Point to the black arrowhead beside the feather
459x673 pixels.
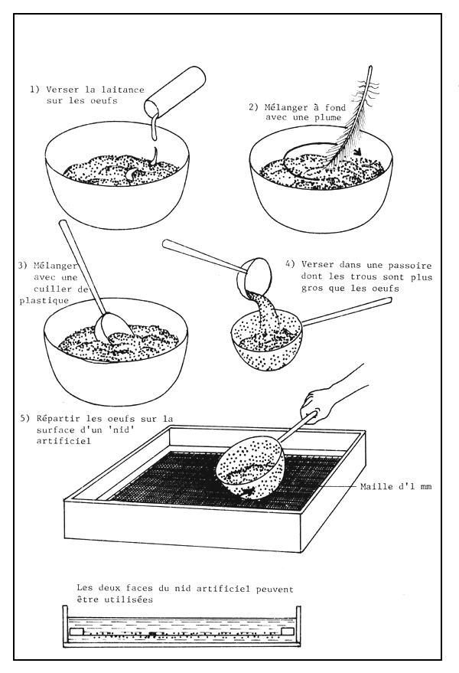354,162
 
